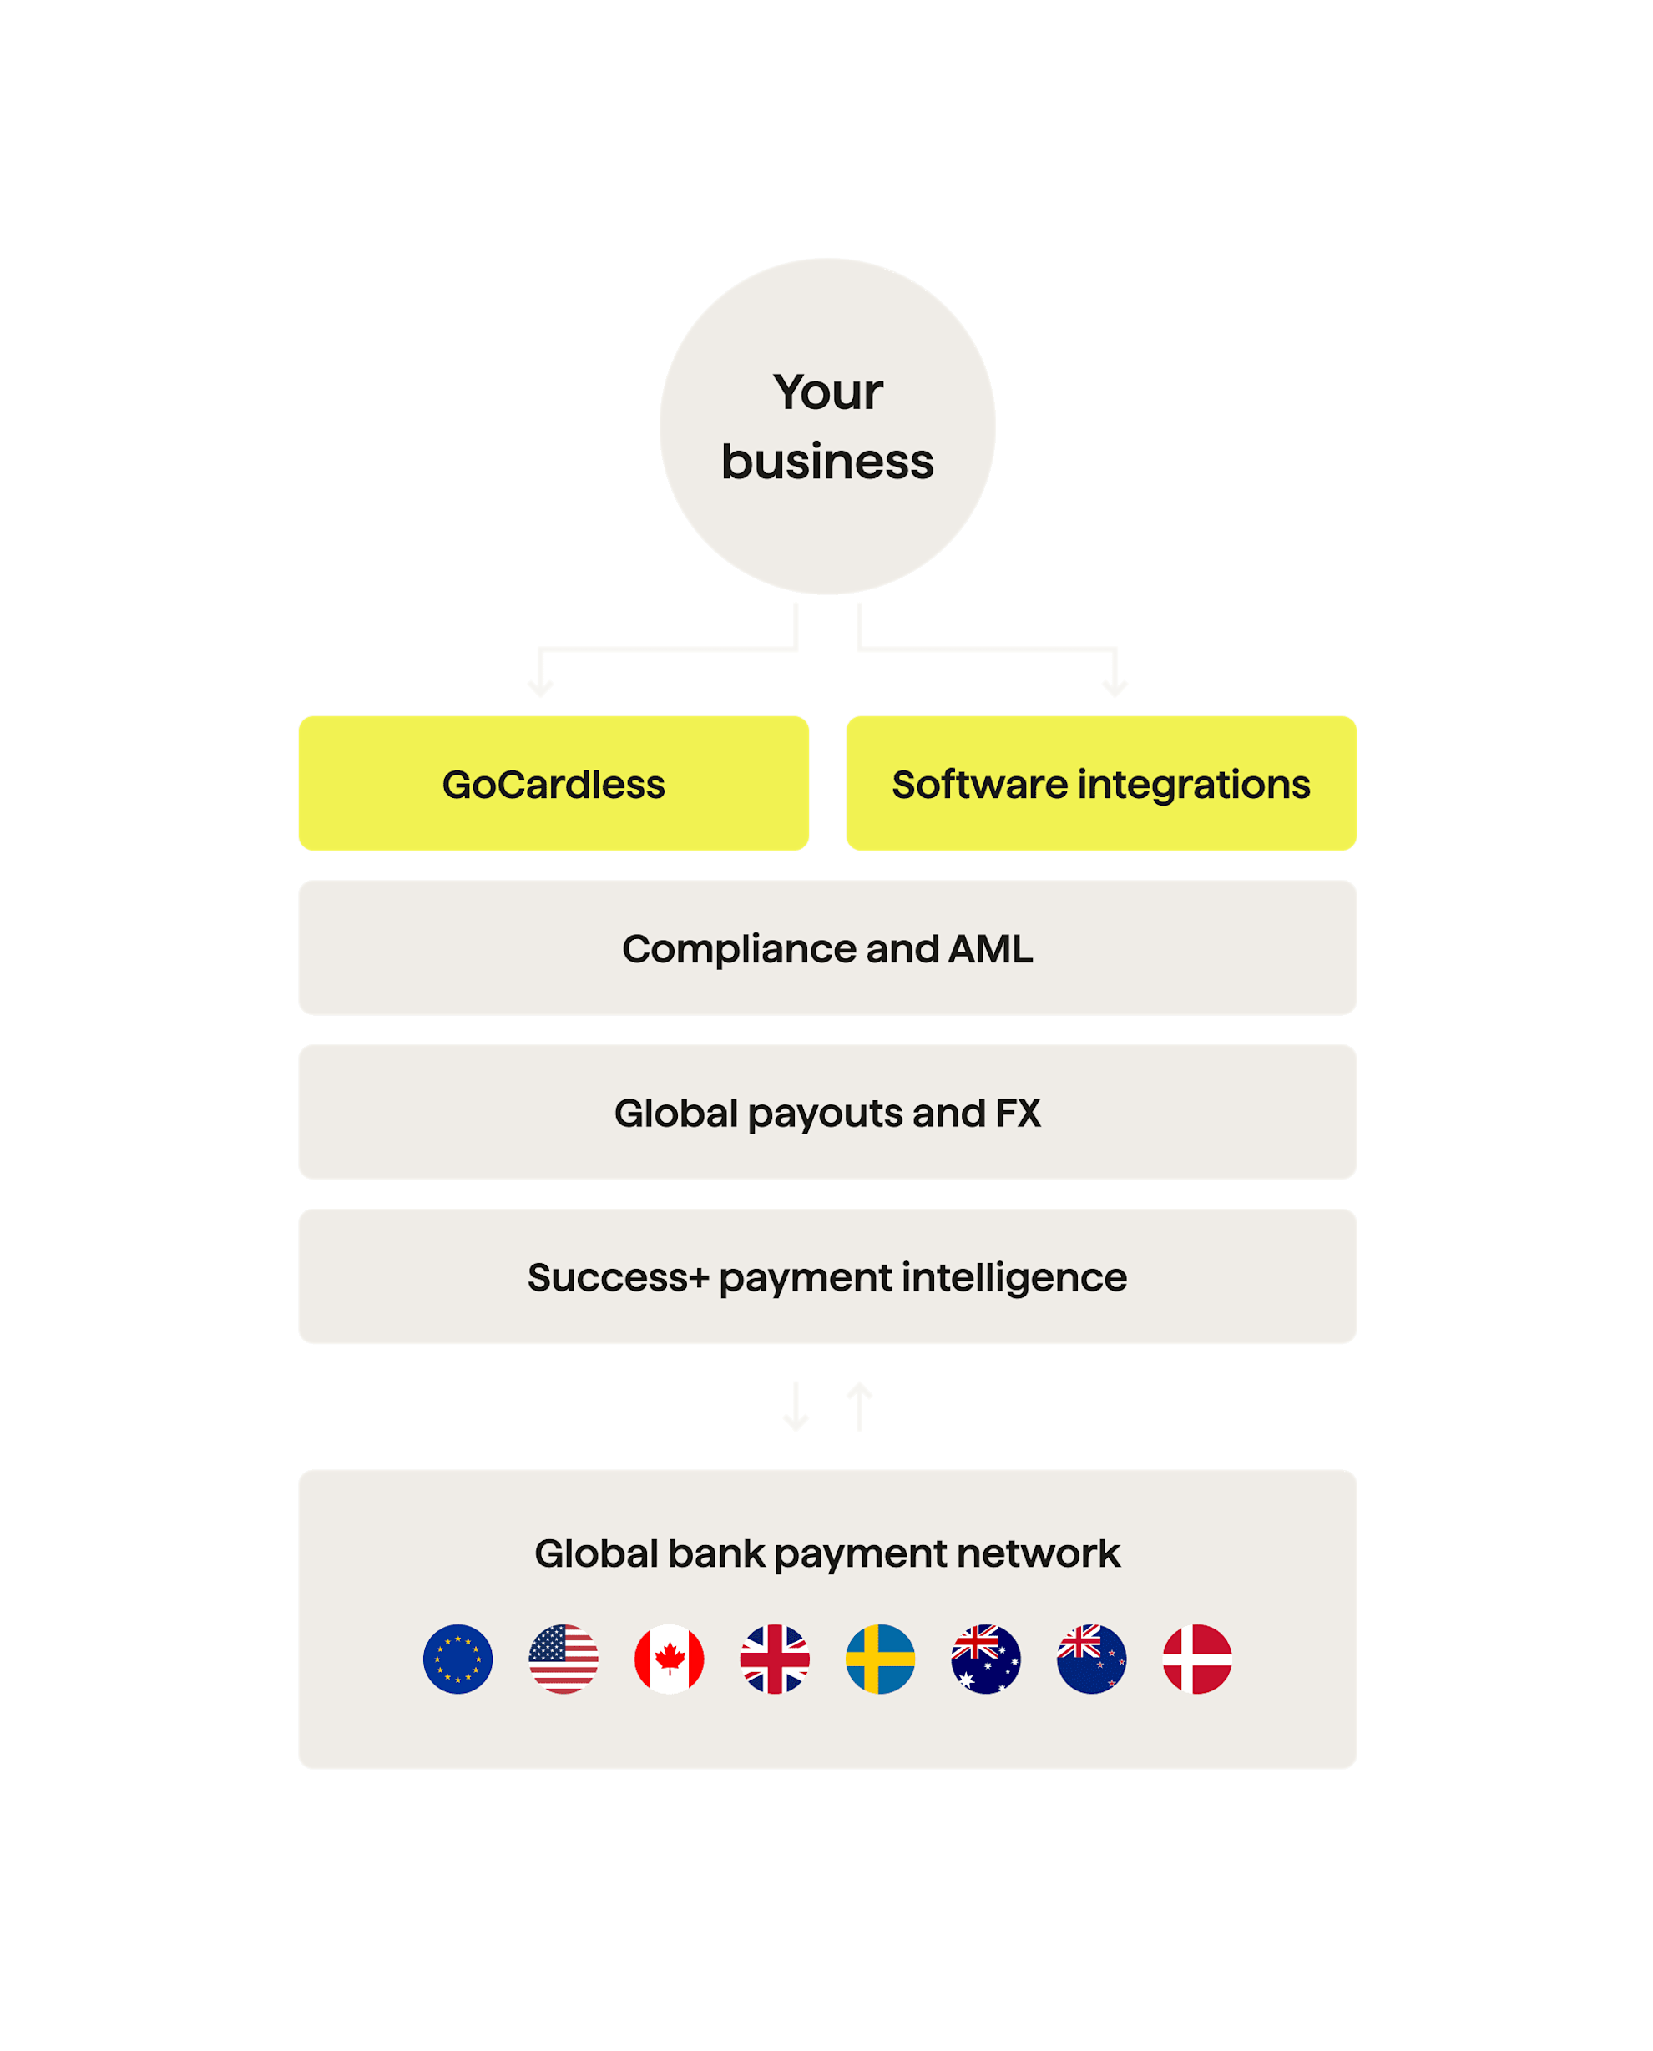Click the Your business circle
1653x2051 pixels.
826,426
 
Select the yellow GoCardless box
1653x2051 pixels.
554,783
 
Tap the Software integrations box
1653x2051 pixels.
1100,783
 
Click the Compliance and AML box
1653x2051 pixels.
826,947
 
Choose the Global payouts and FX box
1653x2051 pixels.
826,1111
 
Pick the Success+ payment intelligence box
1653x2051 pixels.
826,1276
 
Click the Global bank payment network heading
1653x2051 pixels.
826,1553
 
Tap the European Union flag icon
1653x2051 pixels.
458,1659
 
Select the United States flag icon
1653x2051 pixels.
564,1659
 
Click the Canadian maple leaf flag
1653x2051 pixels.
670,1659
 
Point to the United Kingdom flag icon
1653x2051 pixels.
775,1659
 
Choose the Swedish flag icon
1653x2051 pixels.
881,1659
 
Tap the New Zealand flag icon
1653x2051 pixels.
1091,1659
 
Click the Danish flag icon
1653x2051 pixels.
1197,1659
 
